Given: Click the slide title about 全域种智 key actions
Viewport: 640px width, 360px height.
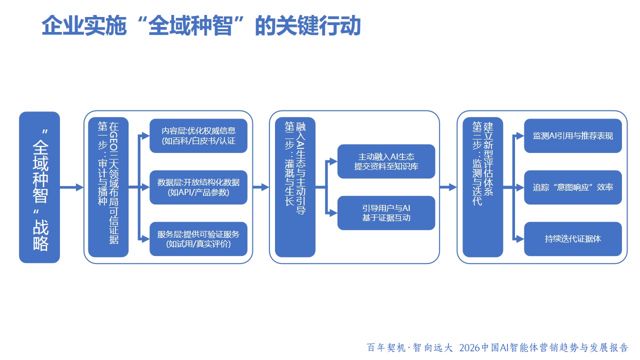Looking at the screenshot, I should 200,26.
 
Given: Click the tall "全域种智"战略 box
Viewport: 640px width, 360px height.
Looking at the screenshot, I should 39,187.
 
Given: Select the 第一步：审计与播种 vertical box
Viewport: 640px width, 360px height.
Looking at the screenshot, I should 108,187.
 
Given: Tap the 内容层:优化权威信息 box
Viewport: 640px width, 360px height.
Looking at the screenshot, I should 198,135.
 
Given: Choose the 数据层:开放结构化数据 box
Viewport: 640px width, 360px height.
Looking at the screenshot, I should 198,187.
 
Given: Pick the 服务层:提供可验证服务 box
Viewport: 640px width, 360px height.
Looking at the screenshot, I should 198,238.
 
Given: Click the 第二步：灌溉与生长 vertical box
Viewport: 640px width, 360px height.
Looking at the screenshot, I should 295,187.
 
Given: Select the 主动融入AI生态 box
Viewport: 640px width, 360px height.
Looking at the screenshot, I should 386,161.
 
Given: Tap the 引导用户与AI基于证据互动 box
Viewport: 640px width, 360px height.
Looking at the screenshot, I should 386,212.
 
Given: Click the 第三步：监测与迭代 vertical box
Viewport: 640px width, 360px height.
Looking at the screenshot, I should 482,187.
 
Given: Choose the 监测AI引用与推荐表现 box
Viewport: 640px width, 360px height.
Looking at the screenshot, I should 572,135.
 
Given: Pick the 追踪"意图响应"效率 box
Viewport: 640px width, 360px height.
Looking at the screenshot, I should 572,187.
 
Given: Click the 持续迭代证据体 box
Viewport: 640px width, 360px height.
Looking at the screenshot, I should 572,238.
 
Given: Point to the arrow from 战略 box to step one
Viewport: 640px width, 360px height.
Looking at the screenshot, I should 71,187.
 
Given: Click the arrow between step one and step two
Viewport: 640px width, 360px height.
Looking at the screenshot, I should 261,187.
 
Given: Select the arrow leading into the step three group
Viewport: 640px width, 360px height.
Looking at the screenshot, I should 448,187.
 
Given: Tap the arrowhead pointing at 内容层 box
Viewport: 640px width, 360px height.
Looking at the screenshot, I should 145,135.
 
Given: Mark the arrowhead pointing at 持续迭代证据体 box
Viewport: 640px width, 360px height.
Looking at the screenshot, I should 520,239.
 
